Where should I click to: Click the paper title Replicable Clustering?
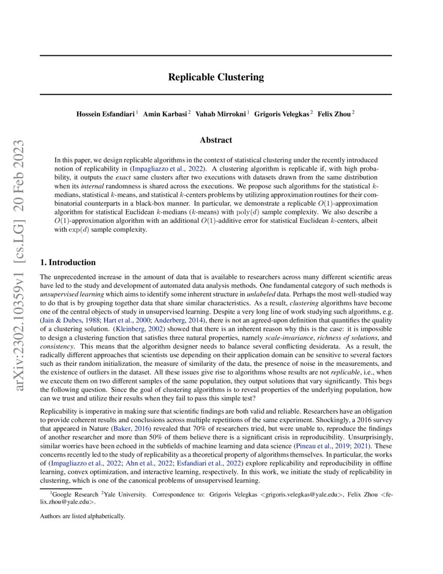[216, 77]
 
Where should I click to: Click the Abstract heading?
[216, 140]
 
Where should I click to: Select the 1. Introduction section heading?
[68, 262]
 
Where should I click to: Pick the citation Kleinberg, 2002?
[139, 329]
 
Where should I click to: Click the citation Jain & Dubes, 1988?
[67, 319]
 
